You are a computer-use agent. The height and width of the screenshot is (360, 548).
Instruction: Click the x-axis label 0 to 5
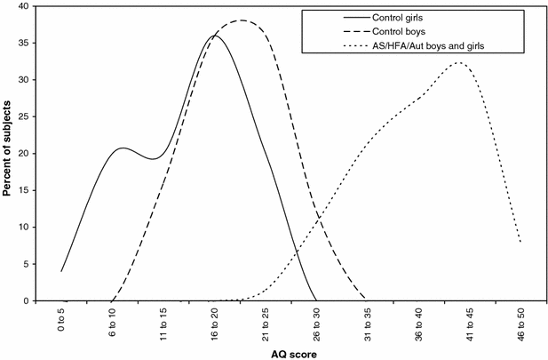coord(61,322)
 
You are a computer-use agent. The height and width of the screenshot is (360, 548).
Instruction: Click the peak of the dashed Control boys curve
coord(241,20)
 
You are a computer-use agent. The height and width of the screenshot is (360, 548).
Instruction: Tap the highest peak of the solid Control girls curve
coord(214,36)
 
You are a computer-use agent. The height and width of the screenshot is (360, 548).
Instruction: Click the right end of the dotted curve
coord(520,242)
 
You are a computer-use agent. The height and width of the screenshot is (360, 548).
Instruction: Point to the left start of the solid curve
coord(61,271)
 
